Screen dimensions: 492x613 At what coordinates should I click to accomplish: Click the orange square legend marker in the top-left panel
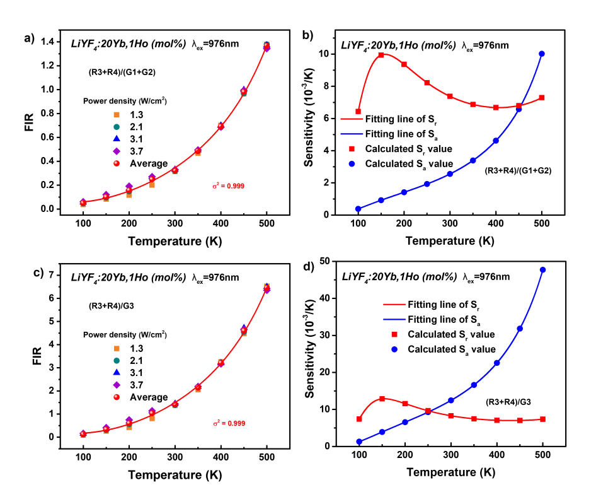[x=117, y=115]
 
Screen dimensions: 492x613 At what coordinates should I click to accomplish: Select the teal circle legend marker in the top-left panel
[x=117, y=127]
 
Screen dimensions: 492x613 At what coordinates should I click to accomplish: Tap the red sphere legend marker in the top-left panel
[x=117, y=163]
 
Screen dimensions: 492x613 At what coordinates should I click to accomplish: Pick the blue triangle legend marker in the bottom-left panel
[x=117, y=373]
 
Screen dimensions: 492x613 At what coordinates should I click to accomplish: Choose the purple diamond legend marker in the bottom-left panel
[x=117, y=385]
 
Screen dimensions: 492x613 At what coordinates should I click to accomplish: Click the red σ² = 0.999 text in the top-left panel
[x=228, y=186]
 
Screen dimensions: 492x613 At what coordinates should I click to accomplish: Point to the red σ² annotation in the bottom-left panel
[x=229, y=423]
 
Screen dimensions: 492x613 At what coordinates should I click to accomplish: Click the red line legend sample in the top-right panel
[x=352, y=119]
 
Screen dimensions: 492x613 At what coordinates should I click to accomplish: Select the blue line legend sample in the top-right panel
[x=352, y=134]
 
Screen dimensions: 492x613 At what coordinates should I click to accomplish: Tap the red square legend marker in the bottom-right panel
[x=394, y=334]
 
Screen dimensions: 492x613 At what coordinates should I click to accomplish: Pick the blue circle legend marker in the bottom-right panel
[x=394, y=349]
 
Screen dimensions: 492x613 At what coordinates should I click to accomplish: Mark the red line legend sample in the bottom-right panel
[x=394, y=304]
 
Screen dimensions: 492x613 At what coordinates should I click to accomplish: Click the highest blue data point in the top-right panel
[x=542, y=54]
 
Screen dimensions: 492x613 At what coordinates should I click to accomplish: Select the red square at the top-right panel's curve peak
[x=381, y=56]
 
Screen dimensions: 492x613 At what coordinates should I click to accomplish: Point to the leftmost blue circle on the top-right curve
[x=358, y=209]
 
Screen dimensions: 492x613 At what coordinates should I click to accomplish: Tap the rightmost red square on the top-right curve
[x=542, y=98]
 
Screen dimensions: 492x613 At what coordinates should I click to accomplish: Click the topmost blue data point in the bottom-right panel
[x=542, y=270]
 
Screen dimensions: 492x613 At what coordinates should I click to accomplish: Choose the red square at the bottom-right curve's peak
[x=382, y=399]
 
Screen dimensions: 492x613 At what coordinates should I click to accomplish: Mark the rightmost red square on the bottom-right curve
[x=543, y=419]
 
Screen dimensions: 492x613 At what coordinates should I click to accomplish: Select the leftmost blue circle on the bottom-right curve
[x=359, y=442]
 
